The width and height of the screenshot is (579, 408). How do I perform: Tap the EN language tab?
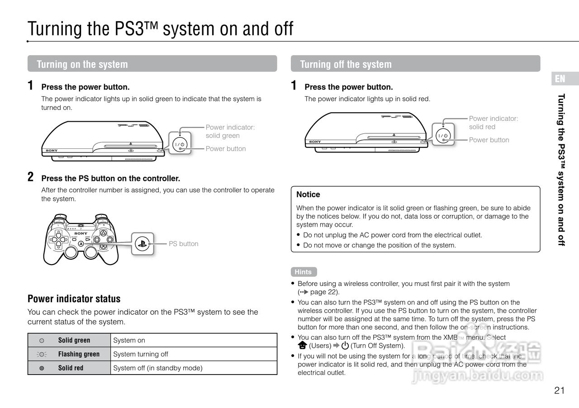[560, 79]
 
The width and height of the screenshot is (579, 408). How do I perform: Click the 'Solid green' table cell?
[74, 340]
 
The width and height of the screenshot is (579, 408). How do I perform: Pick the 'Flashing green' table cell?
[79, 354]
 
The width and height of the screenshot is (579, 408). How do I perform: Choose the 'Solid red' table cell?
[71, 368]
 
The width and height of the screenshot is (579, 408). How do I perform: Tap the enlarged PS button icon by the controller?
[142, 244]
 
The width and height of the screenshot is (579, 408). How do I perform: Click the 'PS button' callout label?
[183, 244]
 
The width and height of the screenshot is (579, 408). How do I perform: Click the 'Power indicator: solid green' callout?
[230, 132]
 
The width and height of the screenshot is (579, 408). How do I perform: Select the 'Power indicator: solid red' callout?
[493, 123]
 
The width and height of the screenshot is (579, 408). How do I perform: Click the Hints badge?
[303, 272]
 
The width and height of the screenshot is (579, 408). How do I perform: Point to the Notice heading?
[308, 195]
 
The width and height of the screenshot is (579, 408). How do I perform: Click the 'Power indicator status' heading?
[74, 299]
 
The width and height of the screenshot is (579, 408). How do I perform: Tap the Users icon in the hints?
[302, 346]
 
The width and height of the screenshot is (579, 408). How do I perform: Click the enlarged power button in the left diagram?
[180, 144]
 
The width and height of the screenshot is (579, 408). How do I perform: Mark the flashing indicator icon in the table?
[42, 354]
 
